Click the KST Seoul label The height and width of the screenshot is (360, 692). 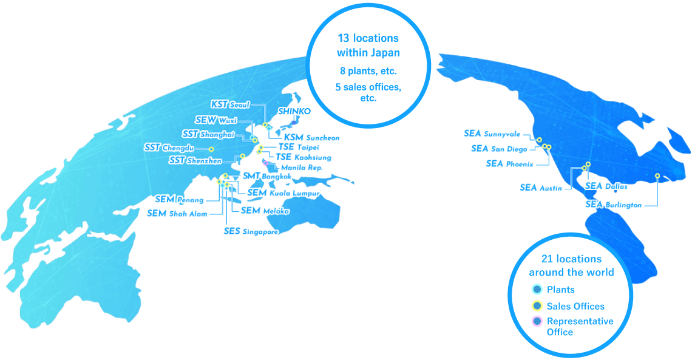[x=230, y=104]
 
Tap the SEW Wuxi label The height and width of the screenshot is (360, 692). [x=216, y=120]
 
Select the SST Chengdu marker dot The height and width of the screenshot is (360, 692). [x=211, y=149]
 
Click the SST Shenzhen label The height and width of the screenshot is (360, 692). [x=195, y=160]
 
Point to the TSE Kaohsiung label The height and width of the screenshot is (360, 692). [x=304, y=157]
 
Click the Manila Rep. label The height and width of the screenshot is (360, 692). [x=302, y=168]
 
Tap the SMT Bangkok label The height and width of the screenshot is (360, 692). [x=267, y=176]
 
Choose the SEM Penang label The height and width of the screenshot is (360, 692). [x=179, y=199]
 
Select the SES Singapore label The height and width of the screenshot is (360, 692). [x=251, y=231]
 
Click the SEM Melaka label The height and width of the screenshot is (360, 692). [x=265, y=211]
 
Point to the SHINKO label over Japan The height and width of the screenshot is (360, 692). [x=294, y=111]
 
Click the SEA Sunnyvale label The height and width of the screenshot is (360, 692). [x=492, y=134]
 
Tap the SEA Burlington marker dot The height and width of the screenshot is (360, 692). [x=657, y=176]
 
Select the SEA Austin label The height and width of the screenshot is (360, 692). [x=541, y=188]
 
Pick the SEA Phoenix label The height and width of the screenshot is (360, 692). [x=510, y=164]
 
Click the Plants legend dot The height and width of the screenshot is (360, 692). [x=537, y=290]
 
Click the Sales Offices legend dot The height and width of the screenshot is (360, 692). [x=537, y=306]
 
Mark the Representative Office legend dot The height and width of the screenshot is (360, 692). [x=537, y=321]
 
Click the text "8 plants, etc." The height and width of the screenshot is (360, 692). [x=368, y=70]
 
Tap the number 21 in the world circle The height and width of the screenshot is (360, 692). [x=548, y=259]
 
